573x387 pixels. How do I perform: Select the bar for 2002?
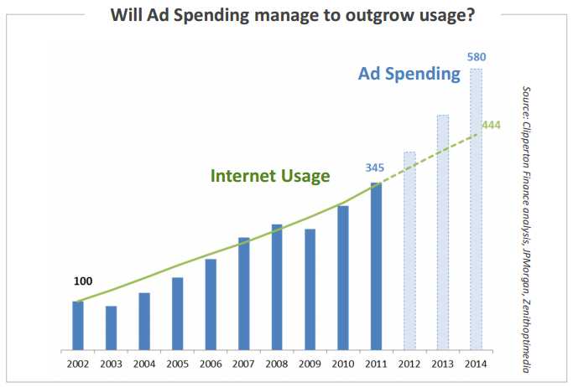(78, 325)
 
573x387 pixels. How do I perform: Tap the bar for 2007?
(243, 293)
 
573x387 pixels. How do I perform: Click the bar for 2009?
(310, 289)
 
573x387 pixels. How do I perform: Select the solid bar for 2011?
(376, 266)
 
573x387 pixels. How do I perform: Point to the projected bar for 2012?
(409, 250)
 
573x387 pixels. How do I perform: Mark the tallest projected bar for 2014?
(476, 209)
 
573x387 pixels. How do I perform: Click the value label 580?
(477, 58)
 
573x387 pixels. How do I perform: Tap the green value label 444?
(491, 125)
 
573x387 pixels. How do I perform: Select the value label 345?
(375, 168)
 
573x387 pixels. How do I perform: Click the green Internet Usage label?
(270, 176)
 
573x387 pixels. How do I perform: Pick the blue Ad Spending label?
(409, 74)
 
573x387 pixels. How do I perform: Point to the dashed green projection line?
(436, 151)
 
